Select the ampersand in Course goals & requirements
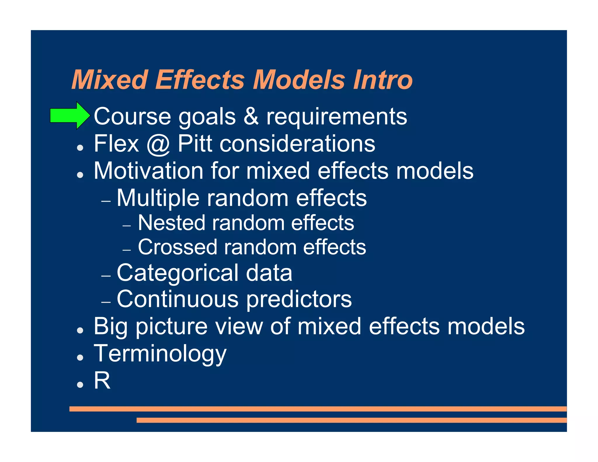[x=251, y=116]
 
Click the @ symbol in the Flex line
[x=158, y=144]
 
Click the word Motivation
[x=148, y=171]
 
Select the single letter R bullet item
[x=102, y=381]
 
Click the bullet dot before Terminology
[x=80, y=357]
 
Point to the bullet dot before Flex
[x=80, y=148]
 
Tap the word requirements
[x=336, y=117]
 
